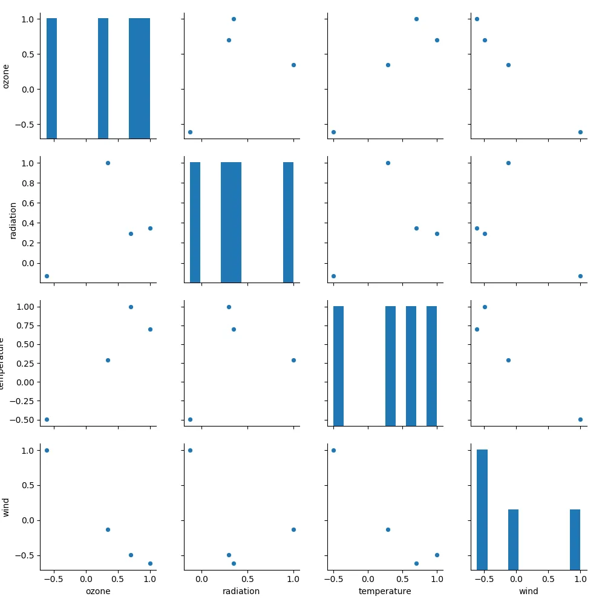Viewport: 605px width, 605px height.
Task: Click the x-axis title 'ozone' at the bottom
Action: pyautogui.click(x=98, y=591)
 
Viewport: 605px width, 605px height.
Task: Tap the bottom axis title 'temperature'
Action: pyautogui.click(x=385, y=591)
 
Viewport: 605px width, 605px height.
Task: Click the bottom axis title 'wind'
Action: pyautogui.click(x=528, y=591)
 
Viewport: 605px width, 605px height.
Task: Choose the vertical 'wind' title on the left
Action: pyautogui.click(x=6, y=507)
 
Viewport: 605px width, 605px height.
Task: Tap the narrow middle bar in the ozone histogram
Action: pyautogui.click(x=103, y=79)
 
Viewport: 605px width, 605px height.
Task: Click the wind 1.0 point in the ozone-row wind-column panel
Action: pyautogui.click(x=580, y=132)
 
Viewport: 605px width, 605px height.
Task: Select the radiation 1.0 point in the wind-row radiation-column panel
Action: pyautogui.click(x=293, y=529)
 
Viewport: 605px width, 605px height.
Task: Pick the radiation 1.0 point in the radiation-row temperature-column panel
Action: pyautogui.click(x=388, y=163)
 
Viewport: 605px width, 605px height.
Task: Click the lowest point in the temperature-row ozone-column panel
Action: pyautogui.click(x=47, y=419)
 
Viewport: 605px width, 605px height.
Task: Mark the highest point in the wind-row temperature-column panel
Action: pyautogui.click(x=333, y=450)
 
